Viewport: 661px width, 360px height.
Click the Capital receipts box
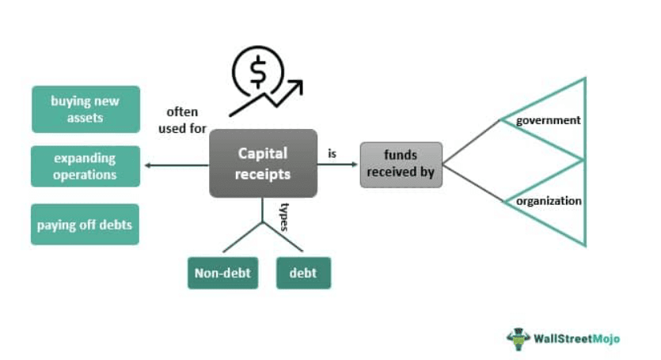coord(263,164)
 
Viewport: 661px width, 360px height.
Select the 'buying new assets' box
coord(85,109)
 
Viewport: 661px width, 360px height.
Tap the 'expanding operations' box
coord(85,166)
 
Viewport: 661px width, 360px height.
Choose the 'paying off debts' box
coord(85,225)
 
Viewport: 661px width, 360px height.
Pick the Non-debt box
coord(222,273)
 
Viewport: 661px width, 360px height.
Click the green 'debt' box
coord(303,273)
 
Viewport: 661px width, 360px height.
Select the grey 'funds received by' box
coord(401,165)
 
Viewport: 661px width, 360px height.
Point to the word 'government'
coord(548,120)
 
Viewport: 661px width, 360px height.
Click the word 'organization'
coord(549,201)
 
